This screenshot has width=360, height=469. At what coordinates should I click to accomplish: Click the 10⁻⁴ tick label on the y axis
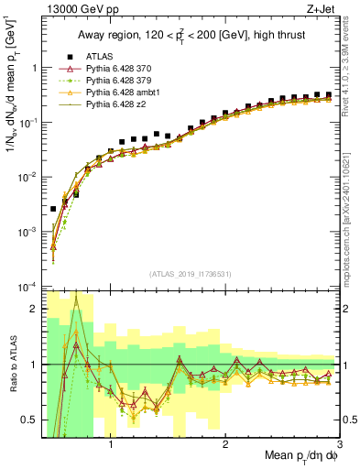[27, 287]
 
